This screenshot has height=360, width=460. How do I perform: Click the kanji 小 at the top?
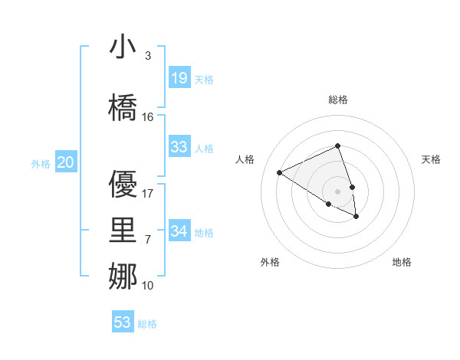click(123, 48)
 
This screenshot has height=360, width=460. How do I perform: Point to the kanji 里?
click(123, 229)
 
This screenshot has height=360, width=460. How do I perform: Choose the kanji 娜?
click(123, 275)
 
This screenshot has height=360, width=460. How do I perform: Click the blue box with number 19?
click(179, 78)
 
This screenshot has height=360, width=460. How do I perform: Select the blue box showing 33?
click(179, 147)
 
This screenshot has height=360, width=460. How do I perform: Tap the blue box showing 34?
click(179, 231)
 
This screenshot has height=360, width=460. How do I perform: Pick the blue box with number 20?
click(66, 162)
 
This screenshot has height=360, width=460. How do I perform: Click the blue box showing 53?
click(123, 322)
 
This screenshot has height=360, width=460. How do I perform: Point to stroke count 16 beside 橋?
click(148, 117)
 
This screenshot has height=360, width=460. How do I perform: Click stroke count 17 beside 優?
click(148, 194)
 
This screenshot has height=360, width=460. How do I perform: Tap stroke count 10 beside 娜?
click(148, 286)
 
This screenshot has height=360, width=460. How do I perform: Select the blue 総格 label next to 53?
click(147, 324)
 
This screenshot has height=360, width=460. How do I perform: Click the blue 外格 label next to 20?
click(41, 163)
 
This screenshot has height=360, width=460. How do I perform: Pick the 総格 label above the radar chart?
click(338, 100)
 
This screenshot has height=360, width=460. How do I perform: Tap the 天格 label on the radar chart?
click(432, 159)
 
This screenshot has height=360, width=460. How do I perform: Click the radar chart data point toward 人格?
click(280, 173)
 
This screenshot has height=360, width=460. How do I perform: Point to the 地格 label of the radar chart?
click(402, 263)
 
